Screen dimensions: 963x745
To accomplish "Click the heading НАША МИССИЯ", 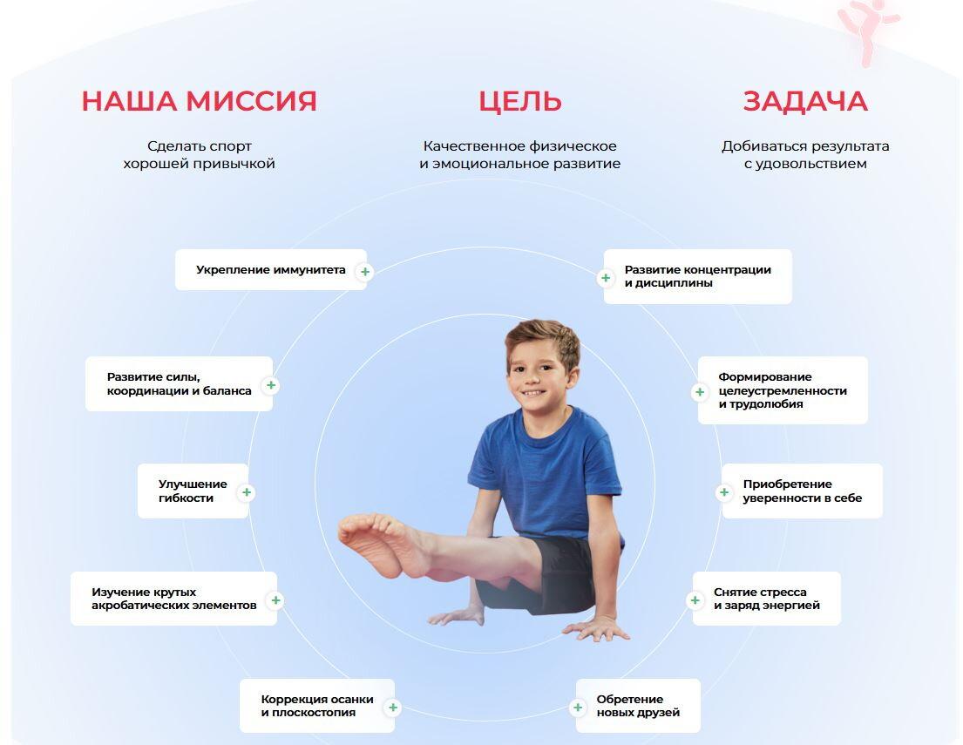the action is click(x=199, y=101).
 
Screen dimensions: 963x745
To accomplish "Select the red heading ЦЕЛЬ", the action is click(x=520, y=101).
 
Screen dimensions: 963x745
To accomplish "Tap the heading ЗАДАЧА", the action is click(x=805, y=101).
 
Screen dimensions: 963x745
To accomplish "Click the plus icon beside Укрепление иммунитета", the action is click(x=365, y=272).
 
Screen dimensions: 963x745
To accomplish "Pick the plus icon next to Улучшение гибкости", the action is click(x=247, y=492).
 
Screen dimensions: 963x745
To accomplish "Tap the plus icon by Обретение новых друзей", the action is click(x=578, y=708).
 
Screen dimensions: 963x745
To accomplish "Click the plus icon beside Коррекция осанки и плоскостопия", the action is click(x=393, y=708).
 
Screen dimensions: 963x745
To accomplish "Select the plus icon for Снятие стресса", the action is click(x=695, y=600).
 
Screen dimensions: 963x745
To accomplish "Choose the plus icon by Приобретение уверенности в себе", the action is click(x=725, y=492).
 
